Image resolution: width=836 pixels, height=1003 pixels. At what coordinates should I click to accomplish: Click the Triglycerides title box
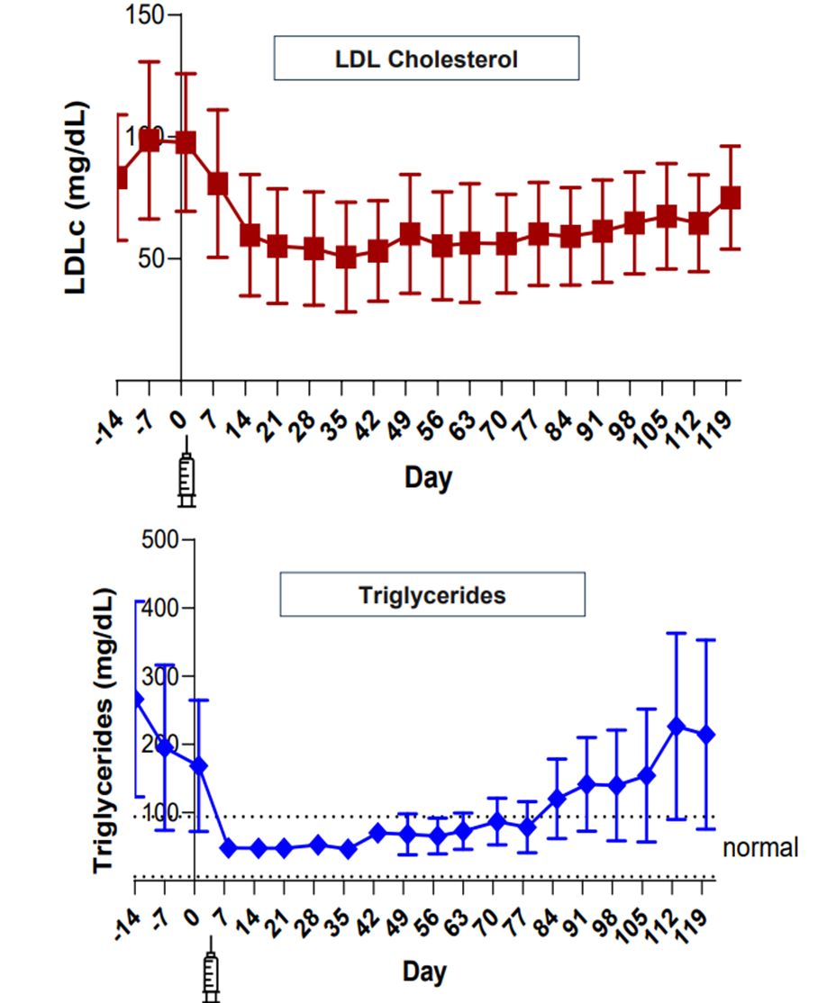coord(432,595)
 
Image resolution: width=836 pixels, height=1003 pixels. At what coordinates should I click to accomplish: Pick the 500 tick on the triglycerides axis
coord(163,539)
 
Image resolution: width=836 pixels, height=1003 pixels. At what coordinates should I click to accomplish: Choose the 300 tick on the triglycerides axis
coord(163,676)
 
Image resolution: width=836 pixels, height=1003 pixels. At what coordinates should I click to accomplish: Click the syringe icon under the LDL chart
coord(186,471)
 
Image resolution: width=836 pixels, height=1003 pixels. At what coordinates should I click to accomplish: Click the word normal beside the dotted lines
coord(760,847)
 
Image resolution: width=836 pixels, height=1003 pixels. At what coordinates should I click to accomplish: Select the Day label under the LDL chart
coord(428,477)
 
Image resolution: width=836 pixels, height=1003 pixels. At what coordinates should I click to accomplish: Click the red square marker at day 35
coord(346,257)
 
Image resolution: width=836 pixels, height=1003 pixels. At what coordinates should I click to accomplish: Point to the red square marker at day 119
coord(731,197)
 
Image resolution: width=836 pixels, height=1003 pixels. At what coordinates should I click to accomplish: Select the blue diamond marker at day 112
coord(677,727)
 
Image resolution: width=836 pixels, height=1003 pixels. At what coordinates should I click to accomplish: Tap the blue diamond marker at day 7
coord(229,848)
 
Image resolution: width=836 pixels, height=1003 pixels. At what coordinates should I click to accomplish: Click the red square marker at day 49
coord(410,234)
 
